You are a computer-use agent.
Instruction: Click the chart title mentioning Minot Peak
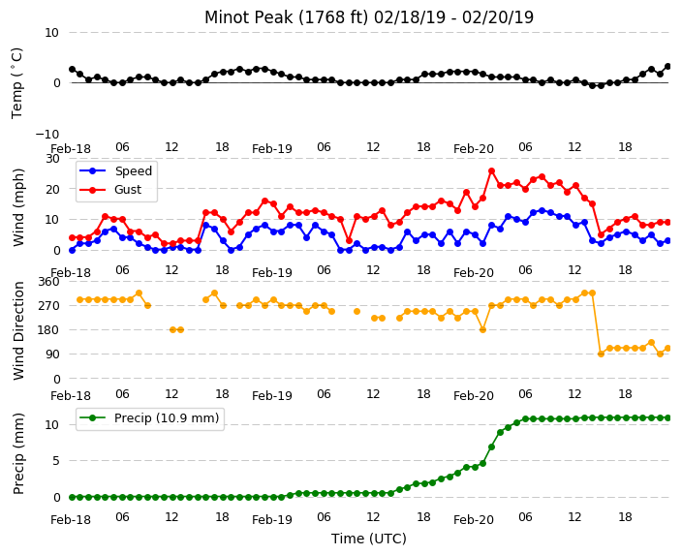point(369,17)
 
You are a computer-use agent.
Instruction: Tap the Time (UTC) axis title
point(369,539)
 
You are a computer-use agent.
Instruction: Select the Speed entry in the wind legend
point(115,170)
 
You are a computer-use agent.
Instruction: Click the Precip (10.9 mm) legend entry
point(150,418)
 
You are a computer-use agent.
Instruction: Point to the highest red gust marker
point(491,171)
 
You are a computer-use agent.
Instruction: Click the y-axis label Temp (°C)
point(16,83)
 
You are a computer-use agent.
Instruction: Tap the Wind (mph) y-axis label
point(18,207)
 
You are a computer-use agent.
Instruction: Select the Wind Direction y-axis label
point(18,330)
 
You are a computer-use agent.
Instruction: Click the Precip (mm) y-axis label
point(18,453)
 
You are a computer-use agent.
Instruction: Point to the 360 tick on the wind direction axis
point(48,282)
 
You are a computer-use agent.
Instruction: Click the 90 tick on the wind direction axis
point(52,355)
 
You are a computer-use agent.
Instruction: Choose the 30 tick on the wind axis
point(52,158)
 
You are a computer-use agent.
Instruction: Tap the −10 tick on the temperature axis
point(46,134)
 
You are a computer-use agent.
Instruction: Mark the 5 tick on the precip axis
point(55,461)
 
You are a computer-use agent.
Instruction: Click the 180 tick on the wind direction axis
point(48,329)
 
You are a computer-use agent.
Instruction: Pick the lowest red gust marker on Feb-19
point(349,240)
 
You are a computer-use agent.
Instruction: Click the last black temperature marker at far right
point(668,67)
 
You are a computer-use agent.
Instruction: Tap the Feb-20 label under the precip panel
point(473,520)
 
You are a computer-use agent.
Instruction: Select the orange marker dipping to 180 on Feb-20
point(482,329)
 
